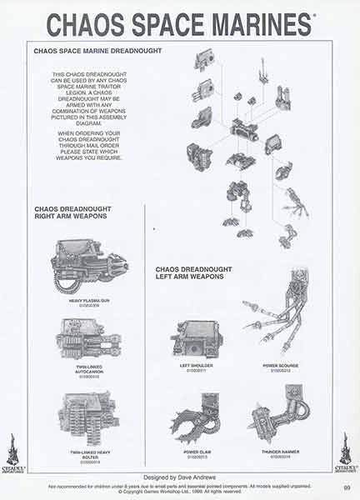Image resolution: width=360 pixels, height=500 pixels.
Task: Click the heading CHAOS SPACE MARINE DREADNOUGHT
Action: (x=97, y=52)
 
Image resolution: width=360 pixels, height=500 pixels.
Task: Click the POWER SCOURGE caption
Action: (x=276, y=364)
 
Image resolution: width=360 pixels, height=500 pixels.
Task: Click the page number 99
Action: (x=346, y=488)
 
